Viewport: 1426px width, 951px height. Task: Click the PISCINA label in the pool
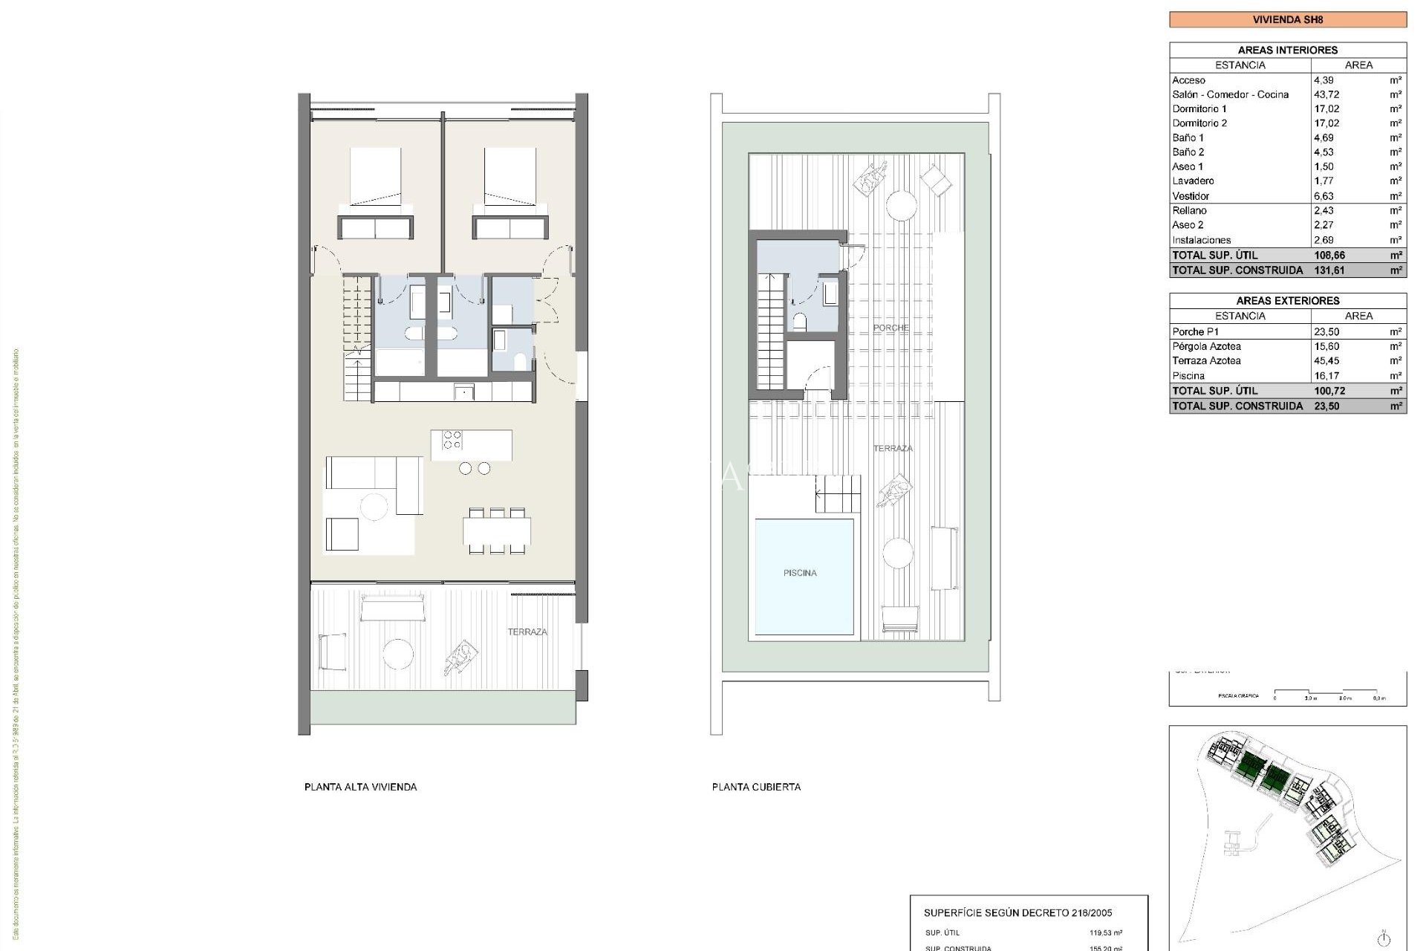click(x=799, y=573)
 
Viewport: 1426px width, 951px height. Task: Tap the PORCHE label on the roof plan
click(x=891, y=328)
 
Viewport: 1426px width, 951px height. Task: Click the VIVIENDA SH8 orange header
click(x=1287, y=19)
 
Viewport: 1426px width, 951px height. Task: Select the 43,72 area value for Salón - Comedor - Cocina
click(x=1327, y=94)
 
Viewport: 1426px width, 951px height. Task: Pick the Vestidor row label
click(x=1191, y=196)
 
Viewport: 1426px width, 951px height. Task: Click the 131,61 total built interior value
click(x=1329, y=270)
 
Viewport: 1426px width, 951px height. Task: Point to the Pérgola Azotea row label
click(x=1206, y=346)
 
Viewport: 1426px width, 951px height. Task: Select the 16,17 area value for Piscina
click(x=1326, y=376)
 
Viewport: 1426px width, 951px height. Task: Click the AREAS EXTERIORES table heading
click(x=1287, y=301)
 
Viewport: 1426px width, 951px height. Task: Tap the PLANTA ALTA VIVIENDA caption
click(x=360, y=787)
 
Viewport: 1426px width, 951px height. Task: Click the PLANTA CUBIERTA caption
click(x=756, y=787)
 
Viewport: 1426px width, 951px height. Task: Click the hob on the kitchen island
click(x=452, y=440)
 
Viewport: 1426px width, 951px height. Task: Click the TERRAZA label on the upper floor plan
click(x=527, y=632)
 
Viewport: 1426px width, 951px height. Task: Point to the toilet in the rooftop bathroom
click(x=800, y=321)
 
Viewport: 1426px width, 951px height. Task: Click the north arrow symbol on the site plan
click(x=1383, y=938)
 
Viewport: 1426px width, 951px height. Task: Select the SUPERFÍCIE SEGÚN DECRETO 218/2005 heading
click(x=1028, y=913)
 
